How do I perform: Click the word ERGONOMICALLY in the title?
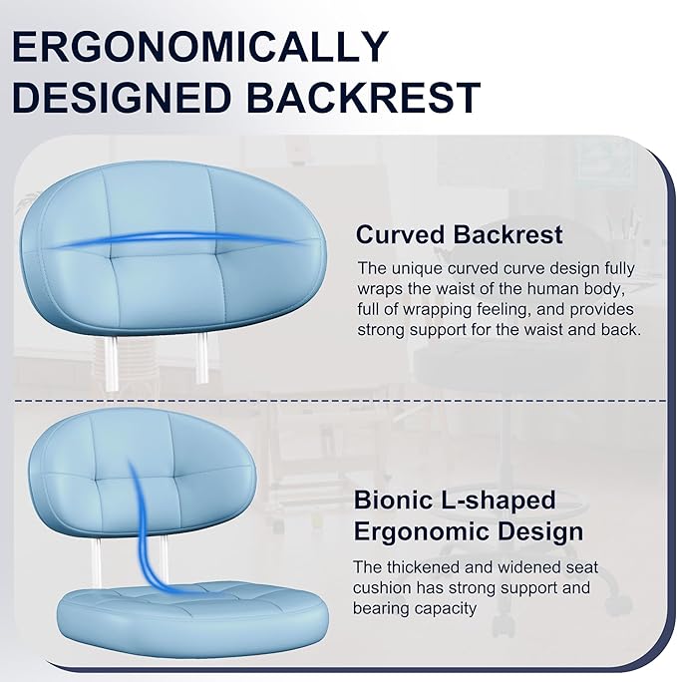[x=200, y=46]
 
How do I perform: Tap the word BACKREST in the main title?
[x=364, y=97]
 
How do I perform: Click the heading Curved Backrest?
[x=460, y=234]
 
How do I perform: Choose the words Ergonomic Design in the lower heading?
[x=469, y=532]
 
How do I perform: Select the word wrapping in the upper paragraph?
[x=438, y=310]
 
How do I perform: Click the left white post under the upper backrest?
[x=111, y=363]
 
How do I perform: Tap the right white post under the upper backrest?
[x=201, y=358]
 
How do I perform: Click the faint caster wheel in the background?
[x=618, y=604]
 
